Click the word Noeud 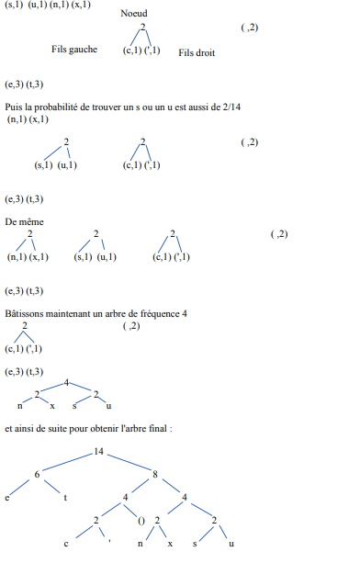coord(133,15)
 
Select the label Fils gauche coord(74,50)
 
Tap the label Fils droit coord(197,53)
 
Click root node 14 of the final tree coord(99,453)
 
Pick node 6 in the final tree coord(39,474)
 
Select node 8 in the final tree coord(155,474)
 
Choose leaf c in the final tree coord(66,545)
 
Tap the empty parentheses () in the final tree coord(141,521)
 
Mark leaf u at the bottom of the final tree coord(231,545)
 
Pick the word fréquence coord(156,314)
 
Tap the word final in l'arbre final coord(151,427)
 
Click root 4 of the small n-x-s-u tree coord(67,382)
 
